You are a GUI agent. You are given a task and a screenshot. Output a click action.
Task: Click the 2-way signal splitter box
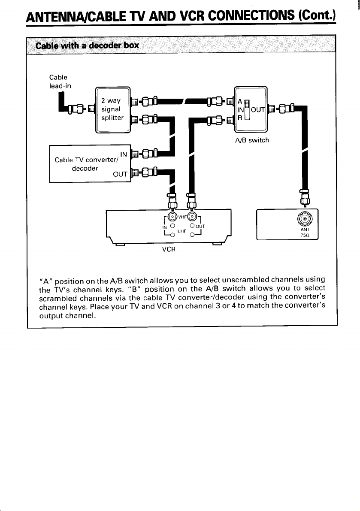113,110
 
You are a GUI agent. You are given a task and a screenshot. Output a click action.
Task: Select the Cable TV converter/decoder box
90,163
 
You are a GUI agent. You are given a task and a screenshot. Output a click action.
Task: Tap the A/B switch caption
252,140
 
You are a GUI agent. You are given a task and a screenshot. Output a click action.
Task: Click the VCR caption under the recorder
169,249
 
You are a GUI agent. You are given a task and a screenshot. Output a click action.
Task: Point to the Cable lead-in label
60,82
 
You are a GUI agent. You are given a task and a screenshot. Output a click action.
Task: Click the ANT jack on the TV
305,218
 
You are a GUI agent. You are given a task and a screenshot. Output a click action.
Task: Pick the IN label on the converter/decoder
124,154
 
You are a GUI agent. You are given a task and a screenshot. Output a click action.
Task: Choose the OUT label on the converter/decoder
120,174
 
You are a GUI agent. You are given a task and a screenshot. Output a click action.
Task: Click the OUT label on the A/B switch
258,110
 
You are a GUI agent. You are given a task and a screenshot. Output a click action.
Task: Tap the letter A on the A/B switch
239,101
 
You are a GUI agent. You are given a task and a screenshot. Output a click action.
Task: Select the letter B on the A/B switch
239,118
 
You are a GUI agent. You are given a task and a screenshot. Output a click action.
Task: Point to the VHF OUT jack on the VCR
192,216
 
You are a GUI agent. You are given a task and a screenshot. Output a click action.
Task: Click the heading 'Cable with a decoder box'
87,45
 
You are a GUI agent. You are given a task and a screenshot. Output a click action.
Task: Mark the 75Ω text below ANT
305,235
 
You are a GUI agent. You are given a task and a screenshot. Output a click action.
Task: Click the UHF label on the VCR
182,231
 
